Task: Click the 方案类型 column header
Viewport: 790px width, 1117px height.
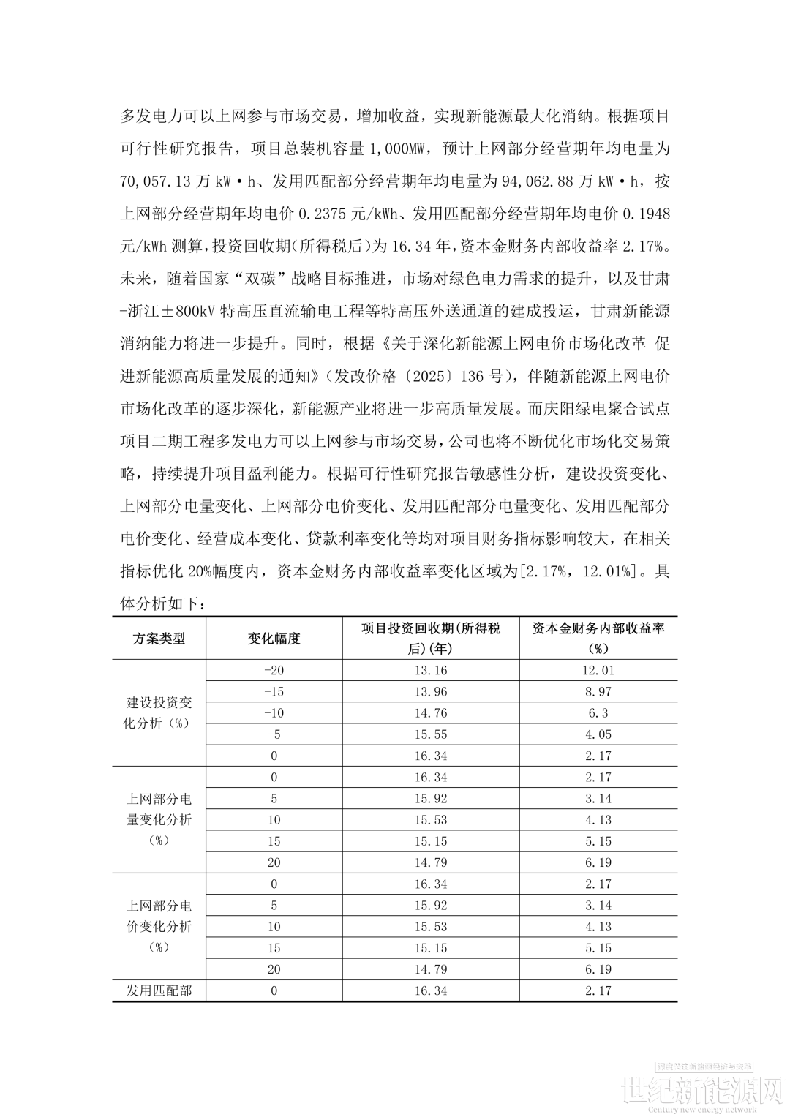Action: tap(159, 639)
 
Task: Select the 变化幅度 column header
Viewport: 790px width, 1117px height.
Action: tap(274, 639)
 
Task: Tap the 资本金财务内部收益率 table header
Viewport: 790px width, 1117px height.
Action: tap(598, 639)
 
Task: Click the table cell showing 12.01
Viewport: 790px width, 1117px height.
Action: tap(598, 671)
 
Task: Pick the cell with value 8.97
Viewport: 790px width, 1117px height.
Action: tap(598, 692)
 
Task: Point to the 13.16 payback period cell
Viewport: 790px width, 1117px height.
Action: tap(430, 671)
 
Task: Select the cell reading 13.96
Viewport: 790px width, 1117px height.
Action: tap(430, 692)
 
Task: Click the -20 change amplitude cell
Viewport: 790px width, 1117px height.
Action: tap(274, 671)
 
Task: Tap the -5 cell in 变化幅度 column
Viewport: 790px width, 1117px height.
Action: tap(274, 734)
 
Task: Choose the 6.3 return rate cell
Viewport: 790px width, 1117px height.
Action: tap(598, 713)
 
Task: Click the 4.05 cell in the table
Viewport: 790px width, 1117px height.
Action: tap(598, 734)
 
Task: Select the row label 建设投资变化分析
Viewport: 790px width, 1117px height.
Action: tap(159, 713)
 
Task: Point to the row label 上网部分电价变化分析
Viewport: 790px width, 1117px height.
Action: tap(159, 927)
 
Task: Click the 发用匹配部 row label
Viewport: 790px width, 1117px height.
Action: tap(159, 991)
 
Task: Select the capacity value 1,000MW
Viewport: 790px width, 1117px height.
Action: tap(397, 148)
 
